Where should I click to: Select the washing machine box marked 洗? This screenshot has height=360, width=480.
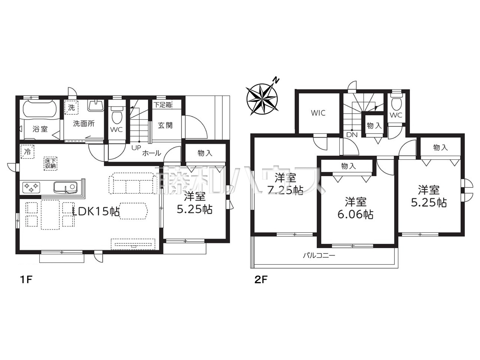pos(71,107)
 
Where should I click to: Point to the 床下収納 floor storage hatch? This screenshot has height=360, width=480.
pos(51,163)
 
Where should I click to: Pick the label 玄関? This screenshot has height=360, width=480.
pos(165,126)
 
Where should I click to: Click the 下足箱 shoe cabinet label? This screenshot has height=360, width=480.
pos(163,105)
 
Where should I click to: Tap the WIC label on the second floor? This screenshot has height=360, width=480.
pos(318,113)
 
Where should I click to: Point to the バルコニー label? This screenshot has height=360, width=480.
pos(319,255)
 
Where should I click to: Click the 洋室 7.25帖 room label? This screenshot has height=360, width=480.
pos(285,184)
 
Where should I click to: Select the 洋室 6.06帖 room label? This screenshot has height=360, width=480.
pos(355,208)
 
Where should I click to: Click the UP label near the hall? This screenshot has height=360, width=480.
pos(136,148)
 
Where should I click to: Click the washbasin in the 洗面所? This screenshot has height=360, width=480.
pos(96,106)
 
